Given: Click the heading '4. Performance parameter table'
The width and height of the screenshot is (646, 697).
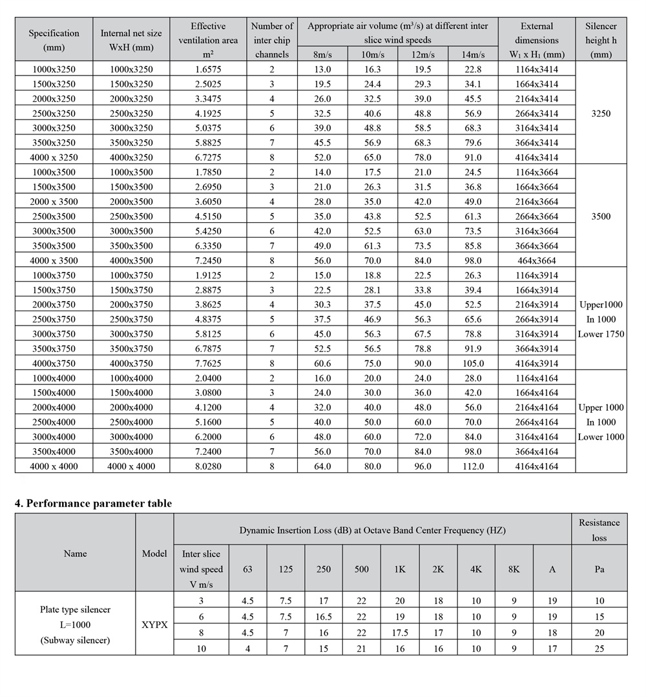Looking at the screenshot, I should point(94,503).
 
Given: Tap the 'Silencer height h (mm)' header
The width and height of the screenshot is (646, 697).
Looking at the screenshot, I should point(601,40).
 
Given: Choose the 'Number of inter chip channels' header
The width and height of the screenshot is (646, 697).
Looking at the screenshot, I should point(272,40).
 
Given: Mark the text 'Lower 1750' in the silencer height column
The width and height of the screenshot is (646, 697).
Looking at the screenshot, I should point(601,334).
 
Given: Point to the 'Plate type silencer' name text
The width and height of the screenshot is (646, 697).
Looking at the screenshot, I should point(75,609).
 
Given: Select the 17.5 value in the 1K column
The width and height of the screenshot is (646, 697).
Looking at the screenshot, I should point(400,633).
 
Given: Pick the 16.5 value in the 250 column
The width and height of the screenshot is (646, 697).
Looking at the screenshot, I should point(324,617).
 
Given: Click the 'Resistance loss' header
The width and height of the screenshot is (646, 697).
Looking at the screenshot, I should point(599,530).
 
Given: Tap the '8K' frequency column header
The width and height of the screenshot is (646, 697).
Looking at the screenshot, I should point(514,569).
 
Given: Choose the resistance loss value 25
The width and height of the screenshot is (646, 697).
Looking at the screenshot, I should point(599,649).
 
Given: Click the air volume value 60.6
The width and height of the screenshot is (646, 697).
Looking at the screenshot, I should point(322,363).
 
